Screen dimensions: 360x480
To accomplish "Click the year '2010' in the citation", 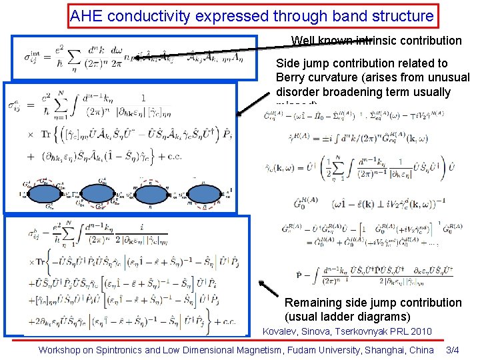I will pos(419,331).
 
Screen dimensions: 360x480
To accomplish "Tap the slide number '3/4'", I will pos(453,349).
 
